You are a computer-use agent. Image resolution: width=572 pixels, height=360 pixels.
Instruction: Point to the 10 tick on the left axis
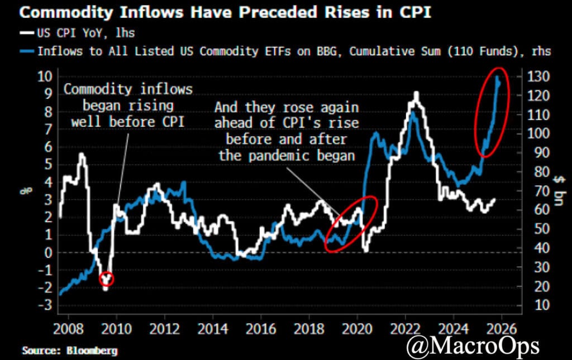(44, 76)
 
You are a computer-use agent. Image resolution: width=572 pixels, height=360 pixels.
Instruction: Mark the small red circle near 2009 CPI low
(106, 279)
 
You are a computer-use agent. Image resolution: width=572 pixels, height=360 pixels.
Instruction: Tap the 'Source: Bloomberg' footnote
(70, 351)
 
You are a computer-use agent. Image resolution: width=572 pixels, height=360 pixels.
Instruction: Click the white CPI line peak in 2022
(416, 93)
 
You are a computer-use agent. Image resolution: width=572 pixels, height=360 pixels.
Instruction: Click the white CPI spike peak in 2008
(82, 153)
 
